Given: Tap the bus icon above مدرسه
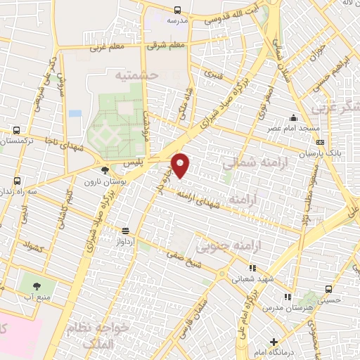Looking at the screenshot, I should (x=176, y=10).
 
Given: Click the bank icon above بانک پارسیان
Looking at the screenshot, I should (x=321, y=142).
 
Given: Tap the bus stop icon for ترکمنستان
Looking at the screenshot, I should (x=15, y=130).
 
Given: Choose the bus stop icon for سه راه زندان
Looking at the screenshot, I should (x=16, y=180).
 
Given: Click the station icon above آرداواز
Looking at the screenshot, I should (x=126, y=230).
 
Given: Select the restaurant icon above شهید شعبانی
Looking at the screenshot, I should (x=252, y=267).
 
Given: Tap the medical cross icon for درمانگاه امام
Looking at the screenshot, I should (x=274, y=342).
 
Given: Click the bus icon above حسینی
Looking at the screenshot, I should (x=328, y=288).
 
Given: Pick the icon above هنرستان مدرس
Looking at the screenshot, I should (x=287, y=297).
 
